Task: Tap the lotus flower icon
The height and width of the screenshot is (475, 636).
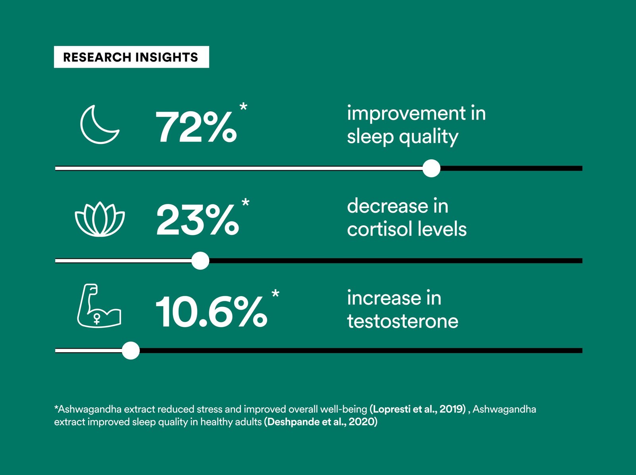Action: pos(100,219)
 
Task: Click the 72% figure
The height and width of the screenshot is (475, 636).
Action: pos(196,127)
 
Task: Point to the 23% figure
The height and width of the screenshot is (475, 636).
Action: pos(198,219)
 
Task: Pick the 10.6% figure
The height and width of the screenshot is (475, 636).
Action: pos(211,312)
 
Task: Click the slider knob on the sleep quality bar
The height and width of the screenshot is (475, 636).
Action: pos(431,168)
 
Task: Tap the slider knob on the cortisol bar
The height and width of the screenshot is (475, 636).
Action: pos(200,261)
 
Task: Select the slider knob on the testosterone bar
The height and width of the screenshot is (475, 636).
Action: pos(131,351)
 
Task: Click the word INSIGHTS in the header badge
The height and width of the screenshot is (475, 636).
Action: pos(167,57)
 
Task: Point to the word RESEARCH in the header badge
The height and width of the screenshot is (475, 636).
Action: pos(97,57)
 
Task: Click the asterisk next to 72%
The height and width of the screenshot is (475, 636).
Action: pos(243,106)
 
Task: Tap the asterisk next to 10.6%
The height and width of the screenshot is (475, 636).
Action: pos(275,293)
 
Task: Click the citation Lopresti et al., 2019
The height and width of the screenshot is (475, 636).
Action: pos(417,409)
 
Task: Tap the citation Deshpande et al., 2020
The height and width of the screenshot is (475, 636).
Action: pos(320,422)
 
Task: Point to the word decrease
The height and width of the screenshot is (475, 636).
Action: pos(388,206)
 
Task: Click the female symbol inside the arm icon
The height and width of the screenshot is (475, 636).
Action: pos(97,318)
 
